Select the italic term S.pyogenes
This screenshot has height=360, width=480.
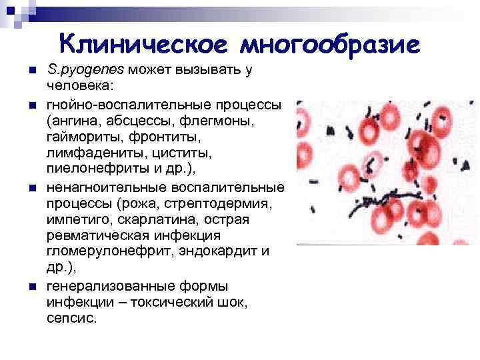coord(85,70)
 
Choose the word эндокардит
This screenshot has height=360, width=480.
coord(223,251)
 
